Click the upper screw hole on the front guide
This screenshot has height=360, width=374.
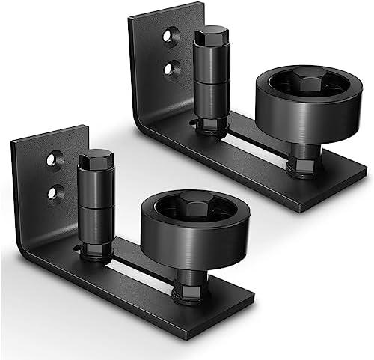[52, 159]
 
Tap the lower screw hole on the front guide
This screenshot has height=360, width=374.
[52, 192]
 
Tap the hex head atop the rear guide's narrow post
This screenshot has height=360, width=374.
[212, 35]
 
